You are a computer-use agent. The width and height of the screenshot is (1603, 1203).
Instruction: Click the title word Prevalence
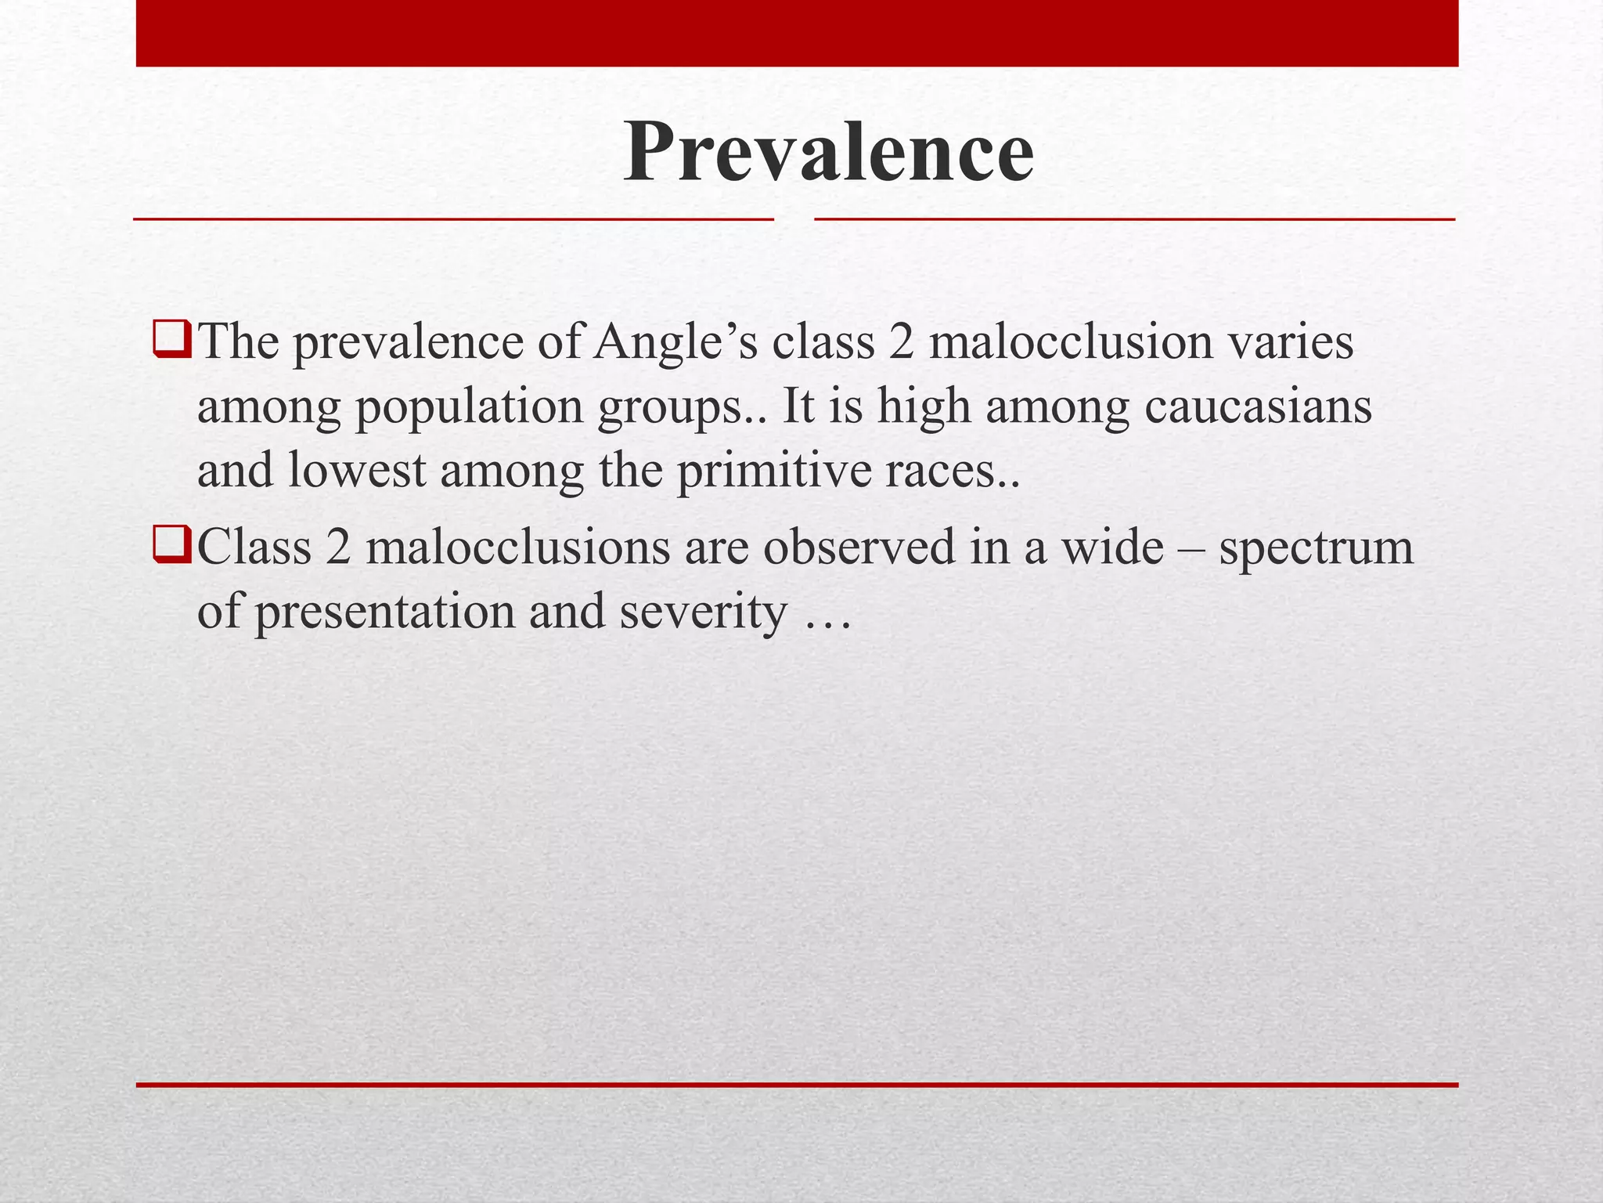[x=828, y=152]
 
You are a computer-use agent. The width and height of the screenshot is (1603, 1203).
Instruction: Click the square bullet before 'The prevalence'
[x=172, y=341]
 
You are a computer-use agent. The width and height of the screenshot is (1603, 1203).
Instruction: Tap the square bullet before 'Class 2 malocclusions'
[x=172, y=545]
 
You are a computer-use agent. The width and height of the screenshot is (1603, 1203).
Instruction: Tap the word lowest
[x=357, y=471]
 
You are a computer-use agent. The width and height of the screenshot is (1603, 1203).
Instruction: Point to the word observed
[x=859, y=547]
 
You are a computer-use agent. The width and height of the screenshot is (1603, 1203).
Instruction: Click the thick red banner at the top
[x=797, y=33]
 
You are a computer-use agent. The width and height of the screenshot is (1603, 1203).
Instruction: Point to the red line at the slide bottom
[x=797, y=1085]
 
